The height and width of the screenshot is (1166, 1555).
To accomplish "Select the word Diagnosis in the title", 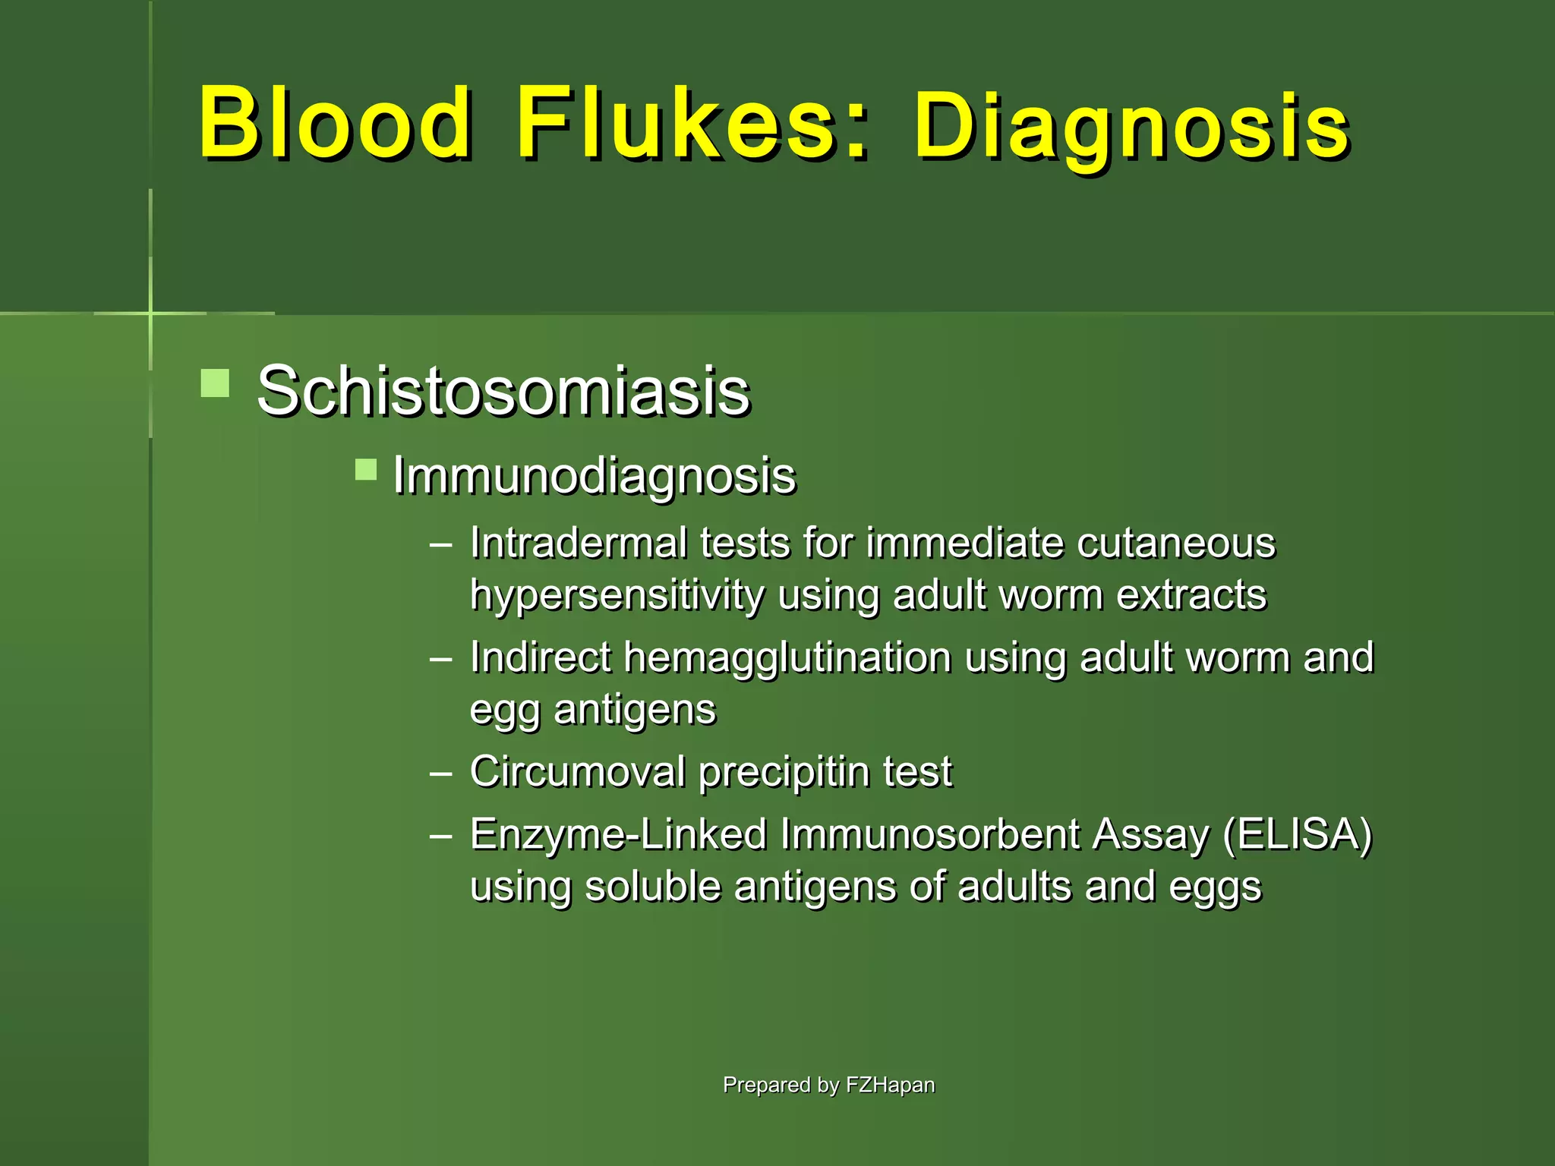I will tap(1131, 128).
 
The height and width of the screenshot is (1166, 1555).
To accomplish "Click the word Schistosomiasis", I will tap(503, 392).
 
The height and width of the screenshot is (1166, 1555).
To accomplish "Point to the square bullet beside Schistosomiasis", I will tap(215, 383).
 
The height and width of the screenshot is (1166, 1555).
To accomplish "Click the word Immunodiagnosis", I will tap(595, 477).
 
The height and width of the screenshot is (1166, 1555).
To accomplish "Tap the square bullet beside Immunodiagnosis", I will tap(366, 470).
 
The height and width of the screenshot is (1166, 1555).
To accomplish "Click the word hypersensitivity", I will tap(617, 596).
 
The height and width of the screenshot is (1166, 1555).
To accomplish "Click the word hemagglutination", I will tap(787, 657).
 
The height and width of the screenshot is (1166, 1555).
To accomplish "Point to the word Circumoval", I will tap(577, 772).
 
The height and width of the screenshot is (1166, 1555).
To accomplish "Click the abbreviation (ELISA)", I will tap(1298, 834).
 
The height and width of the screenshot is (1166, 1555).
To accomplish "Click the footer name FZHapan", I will tap(890, 1085).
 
